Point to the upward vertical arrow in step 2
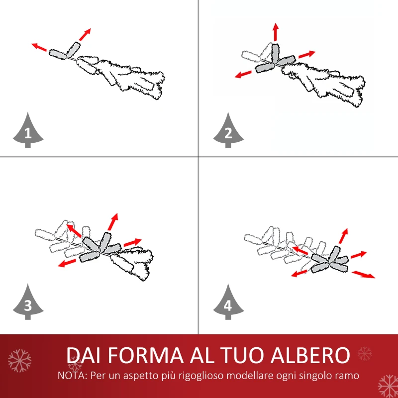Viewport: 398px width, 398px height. (275, 32)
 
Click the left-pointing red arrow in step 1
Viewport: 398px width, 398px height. (39, 47)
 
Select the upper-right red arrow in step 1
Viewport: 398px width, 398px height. (85, 34)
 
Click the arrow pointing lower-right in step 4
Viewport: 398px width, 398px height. (363, 275)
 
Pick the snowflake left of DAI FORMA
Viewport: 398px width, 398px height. (19, 360)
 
